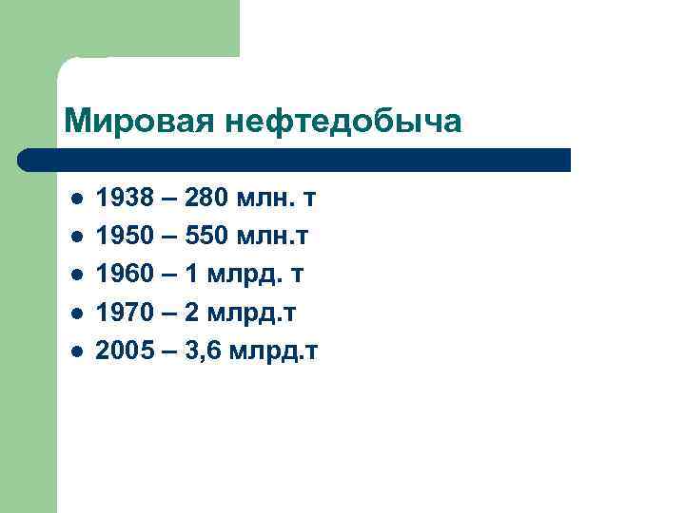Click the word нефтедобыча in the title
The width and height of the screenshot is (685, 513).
[x=344, y=122]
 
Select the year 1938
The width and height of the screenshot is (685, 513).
[x=124, y=199]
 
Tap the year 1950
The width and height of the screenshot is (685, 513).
[x=124, y=237]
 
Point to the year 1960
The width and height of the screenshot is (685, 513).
[x=124, y=275]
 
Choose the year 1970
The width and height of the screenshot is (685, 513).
[x=124, y=313]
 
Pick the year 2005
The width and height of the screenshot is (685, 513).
[x=124, y=351]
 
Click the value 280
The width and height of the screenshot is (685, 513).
[x=208, y=199]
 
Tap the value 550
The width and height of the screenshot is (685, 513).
[x=208, y=237]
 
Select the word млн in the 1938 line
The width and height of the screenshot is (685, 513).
[x=265, y=199]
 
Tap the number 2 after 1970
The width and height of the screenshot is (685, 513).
[x=191, y=313]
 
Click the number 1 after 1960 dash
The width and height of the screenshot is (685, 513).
[x=191, y=275]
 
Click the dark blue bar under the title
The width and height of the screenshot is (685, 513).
[x=295, y=160]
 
